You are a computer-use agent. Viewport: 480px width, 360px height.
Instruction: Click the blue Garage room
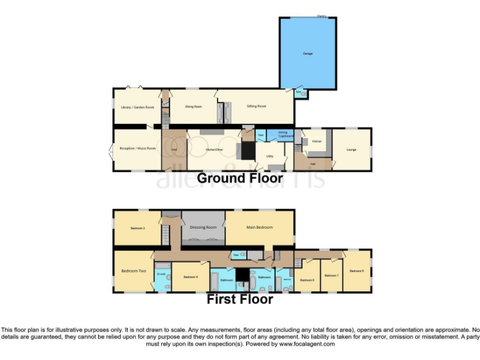(308, 53)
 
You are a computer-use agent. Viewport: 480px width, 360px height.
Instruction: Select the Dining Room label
(193, 106)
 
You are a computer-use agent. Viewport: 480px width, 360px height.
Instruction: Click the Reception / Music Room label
(137, 148)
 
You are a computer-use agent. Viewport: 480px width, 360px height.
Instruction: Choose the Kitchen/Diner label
(214, 149)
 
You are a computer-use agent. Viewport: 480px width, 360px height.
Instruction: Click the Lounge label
(351, 150)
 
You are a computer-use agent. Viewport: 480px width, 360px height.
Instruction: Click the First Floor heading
(240, 299)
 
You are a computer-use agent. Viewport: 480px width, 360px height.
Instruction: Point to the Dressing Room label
(203, 227)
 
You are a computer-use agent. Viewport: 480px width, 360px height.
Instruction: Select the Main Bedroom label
(259, 227)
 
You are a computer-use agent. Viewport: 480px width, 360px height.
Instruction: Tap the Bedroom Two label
(133, 271)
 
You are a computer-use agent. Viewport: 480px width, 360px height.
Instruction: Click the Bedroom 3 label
(137, 228)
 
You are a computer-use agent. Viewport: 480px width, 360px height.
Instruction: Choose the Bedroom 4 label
(191, 277)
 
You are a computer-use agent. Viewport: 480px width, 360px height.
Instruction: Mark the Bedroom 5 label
(357, 271)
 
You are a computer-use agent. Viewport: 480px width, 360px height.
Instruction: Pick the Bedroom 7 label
(331, 275)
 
